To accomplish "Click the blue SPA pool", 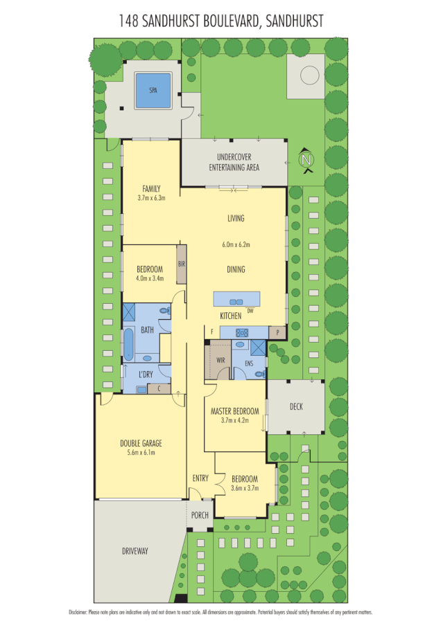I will [x=153, y=90].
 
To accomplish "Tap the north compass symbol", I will [x=305, y=160].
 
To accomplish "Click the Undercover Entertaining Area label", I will [x=234, y=162].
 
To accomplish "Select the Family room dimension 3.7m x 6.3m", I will [x=151, y=197].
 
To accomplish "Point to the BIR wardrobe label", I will [x=182, y=264].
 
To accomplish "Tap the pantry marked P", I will [x=277, y=332].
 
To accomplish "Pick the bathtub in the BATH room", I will [x=129, y=343].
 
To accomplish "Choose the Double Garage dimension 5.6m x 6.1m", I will [x=141, y=453].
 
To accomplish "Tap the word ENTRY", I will [x=200, y=478].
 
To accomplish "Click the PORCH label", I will [x=200, y=515].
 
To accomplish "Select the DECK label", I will [x=296, y=406].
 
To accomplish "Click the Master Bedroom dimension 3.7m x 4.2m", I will [x=235, y=419].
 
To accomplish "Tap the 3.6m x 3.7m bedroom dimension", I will [x=244, y=488].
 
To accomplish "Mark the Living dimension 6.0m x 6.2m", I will [x=236, y=244].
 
